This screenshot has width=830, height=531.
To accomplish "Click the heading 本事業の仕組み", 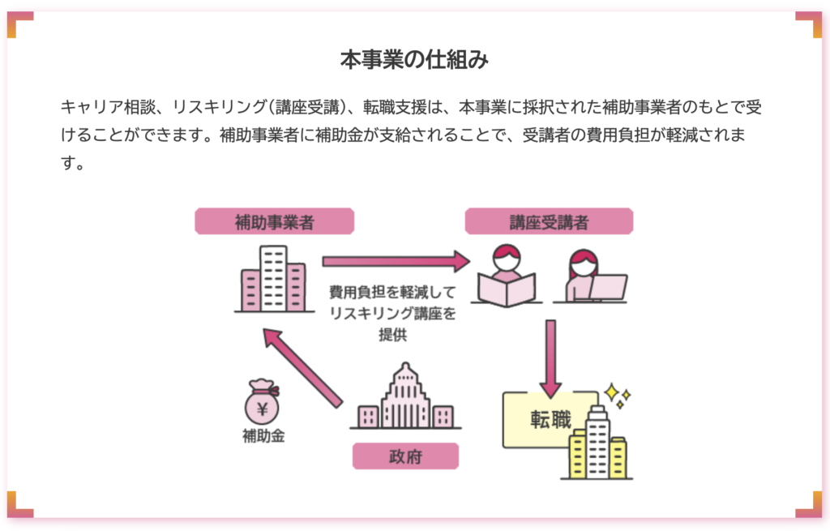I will (414, 60).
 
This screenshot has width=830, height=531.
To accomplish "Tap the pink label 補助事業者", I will (274, 221).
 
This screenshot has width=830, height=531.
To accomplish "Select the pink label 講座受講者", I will (549, 221).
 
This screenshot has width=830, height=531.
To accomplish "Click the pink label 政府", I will (405, 456).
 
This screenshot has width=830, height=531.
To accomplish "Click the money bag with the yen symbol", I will (263, 402).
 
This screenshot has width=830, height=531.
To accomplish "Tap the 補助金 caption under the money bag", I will (263, 436).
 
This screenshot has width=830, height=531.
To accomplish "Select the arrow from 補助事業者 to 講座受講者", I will (396, 261).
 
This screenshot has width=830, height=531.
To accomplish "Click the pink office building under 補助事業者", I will (274, 280).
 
